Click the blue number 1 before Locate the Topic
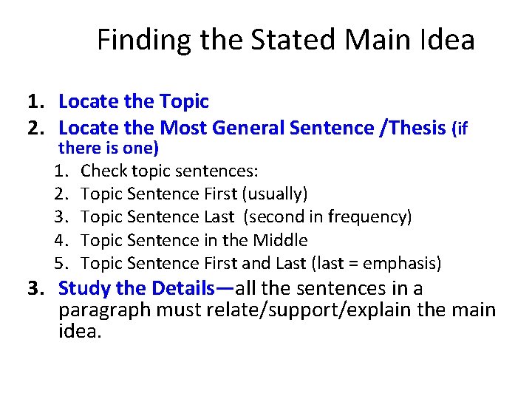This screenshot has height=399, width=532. (33, 101)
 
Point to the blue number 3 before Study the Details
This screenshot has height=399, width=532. (33, 288)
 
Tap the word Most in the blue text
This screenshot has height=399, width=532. (183, 128)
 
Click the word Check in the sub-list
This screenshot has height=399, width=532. (103, 171)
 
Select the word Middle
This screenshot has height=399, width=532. (280, 240)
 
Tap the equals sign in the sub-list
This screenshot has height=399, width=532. (349, 264)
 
